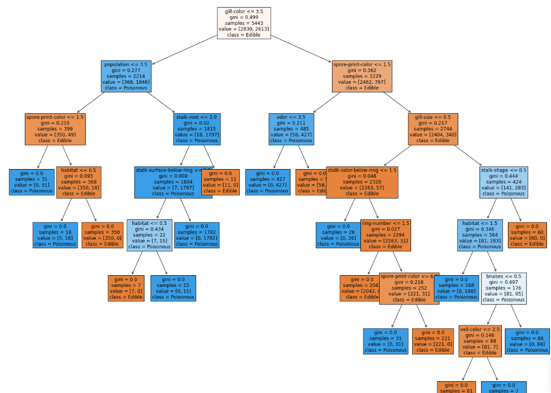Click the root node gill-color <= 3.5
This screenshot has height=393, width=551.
click(244, 23)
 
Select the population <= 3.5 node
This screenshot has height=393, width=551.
click(126, 76)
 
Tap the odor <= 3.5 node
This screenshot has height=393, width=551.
click(291, 129)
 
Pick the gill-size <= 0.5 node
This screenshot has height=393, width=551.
click(433, 129)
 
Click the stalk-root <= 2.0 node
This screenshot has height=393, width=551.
click(196, 129)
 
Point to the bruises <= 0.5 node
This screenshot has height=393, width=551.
click(503, 288)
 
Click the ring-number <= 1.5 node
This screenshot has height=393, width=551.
click(386, 235)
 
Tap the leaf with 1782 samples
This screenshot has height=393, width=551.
click(197, 235)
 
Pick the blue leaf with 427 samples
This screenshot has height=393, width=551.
click(267, 182)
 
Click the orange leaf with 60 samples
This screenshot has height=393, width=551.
click(527, 235)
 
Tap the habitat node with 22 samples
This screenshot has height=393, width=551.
click(150, 235)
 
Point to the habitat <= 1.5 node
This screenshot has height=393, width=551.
click(480, 235)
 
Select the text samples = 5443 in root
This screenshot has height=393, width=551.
click(244, 23)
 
